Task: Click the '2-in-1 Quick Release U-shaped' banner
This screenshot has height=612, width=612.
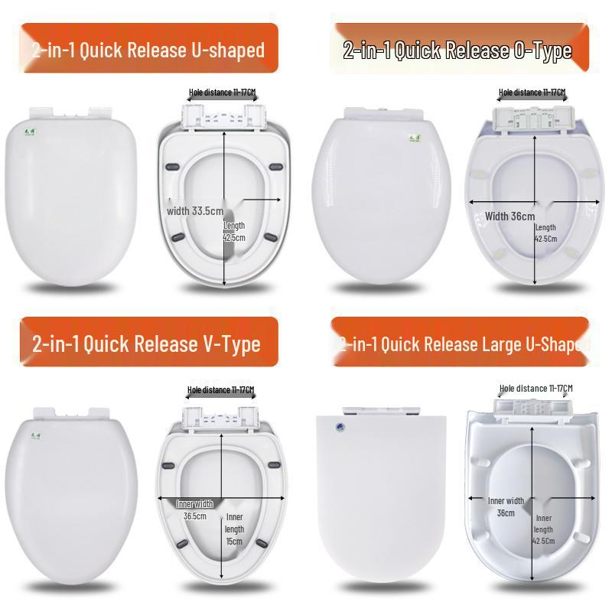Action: (148, 50)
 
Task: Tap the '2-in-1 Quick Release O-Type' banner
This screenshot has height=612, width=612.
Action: (457, 50)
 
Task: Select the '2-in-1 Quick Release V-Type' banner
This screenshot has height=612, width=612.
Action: (147, 343)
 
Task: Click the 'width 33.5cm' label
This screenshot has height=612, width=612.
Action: (196, 211)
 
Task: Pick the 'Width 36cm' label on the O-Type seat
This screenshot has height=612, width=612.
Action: (510, 216)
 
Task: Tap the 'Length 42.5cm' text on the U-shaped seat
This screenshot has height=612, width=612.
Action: (234, 231)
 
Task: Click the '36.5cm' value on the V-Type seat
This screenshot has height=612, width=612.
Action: (194, 516)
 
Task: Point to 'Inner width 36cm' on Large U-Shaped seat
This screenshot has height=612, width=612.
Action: (506, 506)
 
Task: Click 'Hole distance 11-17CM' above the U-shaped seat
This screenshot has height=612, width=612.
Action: (222, 93)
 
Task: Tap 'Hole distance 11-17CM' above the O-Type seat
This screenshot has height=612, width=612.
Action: (532, 93)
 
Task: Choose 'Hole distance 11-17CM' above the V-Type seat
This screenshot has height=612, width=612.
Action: (220, 390)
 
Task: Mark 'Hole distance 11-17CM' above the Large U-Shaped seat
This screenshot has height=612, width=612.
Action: (535, 389)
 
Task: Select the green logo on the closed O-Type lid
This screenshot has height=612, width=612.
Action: (407, 140)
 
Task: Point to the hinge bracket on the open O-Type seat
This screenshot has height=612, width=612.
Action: (531, 119)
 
